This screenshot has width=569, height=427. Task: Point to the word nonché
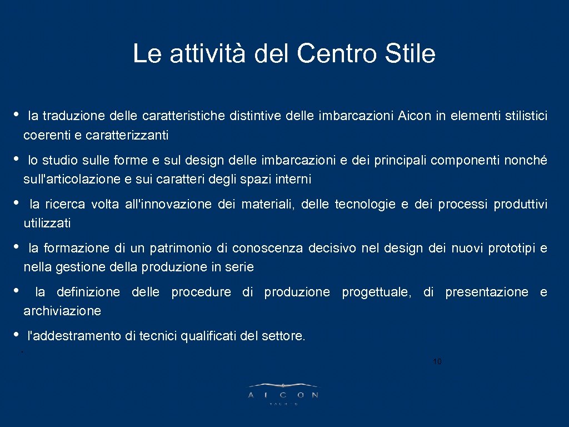click(525, 160)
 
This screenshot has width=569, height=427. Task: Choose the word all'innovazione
click(169, 204)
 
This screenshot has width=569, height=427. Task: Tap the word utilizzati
click(47, 224)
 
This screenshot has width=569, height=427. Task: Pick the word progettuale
click(377, 292)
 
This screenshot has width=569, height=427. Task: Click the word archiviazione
click(62, 311)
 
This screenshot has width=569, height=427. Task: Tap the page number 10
click(437, 362)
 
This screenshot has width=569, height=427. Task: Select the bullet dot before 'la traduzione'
click(16, 115)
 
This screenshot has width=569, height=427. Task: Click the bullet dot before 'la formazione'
click(16, 246)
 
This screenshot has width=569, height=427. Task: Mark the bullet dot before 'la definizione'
click(16, 290)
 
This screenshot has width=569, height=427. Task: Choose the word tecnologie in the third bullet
click(365, 204)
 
